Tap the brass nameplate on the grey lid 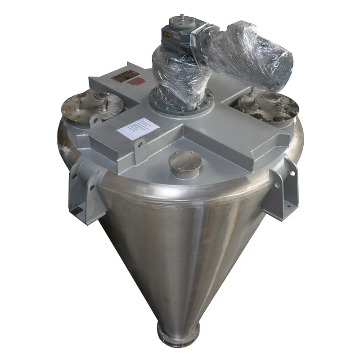pyautogui.click(x=122, y=77)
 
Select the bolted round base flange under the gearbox pyautogui.click(x=180, y=102)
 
